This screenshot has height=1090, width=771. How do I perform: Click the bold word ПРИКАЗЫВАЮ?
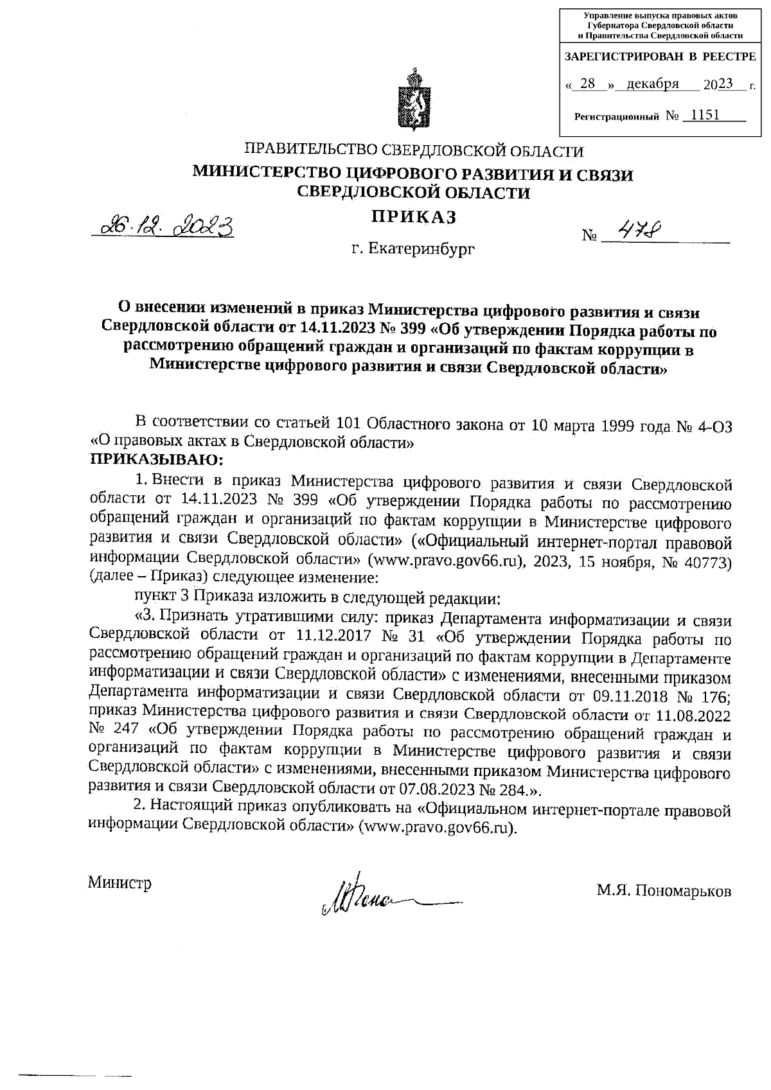[x=157, y=459]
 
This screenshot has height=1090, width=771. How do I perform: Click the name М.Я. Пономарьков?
[x=664, y=891]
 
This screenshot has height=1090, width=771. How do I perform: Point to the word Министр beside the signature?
[x=121, y=883]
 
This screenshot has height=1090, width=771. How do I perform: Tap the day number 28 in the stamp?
[x=588, y=85]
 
